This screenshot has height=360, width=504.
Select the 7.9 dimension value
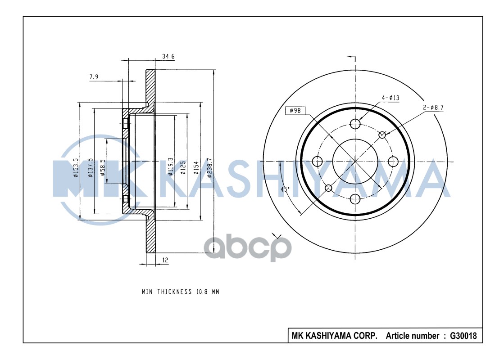coord(94,77)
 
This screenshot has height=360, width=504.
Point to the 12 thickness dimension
coord(165,261)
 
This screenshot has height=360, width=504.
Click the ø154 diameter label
coord(196,167)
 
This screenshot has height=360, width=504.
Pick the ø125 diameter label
coord(183,167)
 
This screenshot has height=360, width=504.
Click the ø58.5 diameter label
coord(103,167)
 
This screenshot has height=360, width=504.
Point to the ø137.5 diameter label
coord(91,167)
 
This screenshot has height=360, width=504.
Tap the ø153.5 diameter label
coord(77,167)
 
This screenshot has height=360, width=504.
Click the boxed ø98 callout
coord(295,110)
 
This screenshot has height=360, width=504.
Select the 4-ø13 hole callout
coord(390,98)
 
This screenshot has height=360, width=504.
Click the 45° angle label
coord(285,189)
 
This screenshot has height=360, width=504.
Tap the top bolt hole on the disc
coord(355,124)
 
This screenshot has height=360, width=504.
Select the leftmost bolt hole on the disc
coord(318,161)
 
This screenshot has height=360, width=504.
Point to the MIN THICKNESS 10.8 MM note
coord(180,292)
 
